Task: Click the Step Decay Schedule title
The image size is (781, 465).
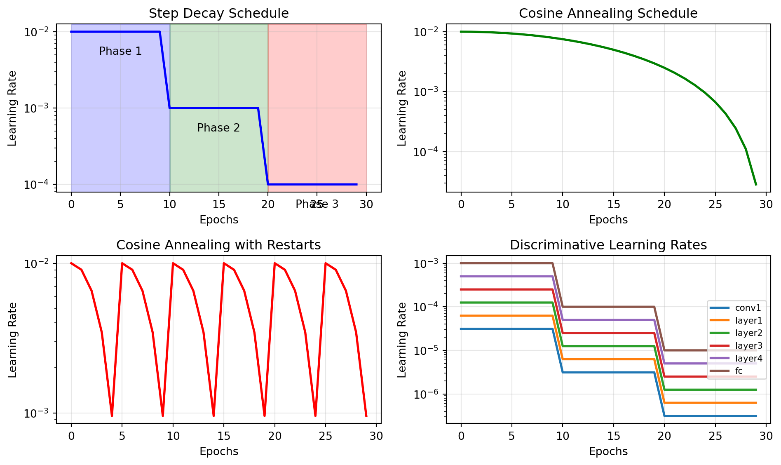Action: (x=218, y=13)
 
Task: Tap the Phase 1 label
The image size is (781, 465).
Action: (x=120, y=51)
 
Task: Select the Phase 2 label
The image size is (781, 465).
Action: (x=218, y=128)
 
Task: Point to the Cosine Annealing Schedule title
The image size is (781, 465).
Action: (x=608, y=13)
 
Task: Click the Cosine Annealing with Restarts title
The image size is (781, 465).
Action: (x=218, y=245)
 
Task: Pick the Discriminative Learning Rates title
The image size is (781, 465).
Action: (x=608, y=245)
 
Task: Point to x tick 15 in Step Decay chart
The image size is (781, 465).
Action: (x=219, y=204)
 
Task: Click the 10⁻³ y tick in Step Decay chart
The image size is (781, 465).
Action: (x=37, y=108)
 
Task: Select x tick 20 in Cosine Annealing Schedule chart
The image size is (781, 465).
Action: (x=664, y=204)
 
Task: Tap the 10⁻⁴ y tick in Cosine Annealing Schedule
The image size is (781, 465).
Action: (x=426, y=152)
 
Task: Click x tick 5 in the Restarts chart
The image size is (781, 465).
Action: (x=122, y=436)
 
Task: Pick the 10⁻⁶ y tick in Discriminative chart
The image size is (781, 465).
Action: (x=426, y=394)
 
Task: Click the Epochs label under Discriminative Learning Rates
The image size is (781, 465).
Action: (x=608, y=451)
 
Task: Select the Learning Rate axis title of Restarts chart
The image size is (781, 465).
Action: (x=12, y=340)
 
